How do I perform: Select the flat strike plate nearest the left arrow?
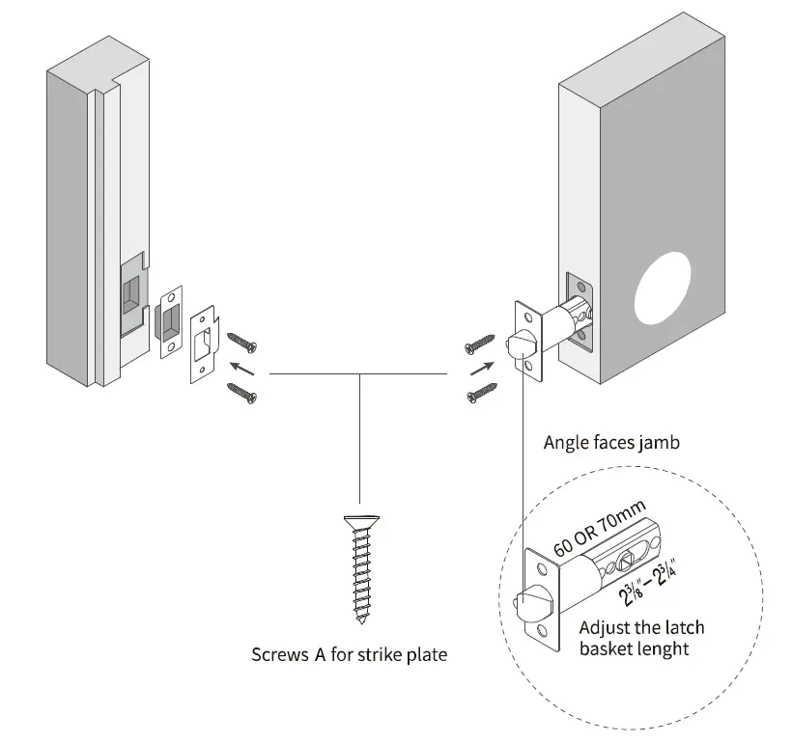[205, 344]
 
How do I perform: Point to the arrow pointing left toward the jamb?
[243, 368]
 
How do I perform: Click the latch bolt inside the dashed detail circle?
[528, 606]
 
